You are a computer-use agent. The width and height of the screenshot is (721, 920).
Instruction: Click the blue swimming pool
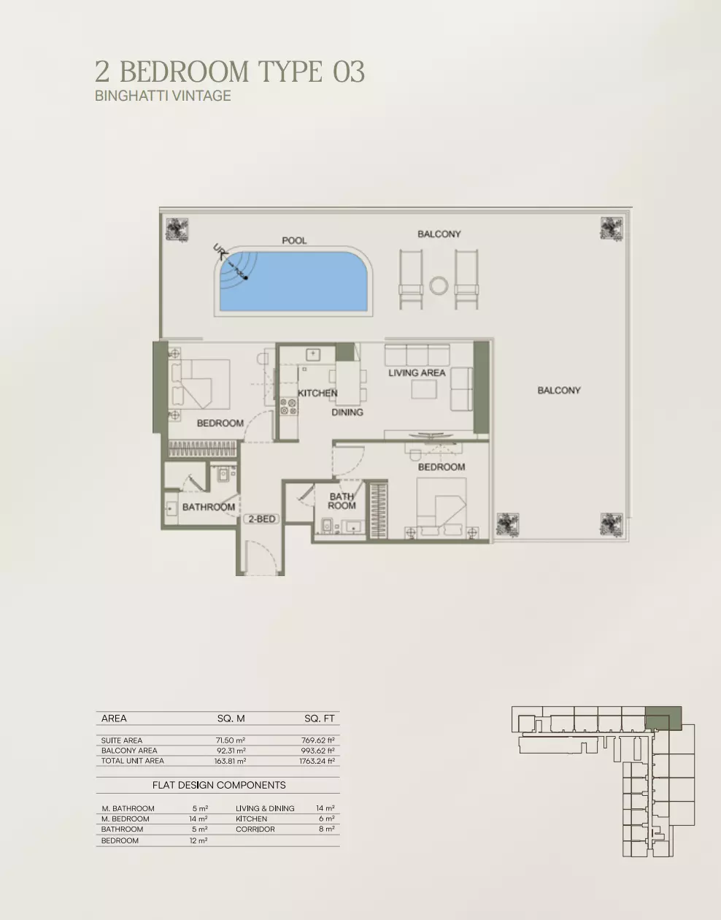293,282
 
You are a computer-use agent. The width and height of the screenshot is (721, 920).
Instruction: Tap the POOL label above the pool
295,240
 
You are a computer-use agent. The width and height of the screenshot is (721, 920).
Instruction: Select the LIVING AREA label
417,372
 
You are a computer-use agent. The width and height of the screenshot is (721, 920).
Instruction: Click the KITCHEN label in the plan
317,393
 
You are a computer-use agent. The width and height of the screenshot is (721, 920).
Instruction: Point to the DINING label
347,412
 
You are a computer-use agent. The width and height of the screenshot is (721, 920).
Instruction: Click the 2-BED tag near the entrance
261,518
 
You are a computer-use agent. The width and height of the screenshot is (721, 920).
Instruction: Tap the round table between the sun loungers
439,285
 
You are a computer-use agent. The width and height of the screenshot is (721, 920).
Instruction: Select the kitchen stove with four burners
288,406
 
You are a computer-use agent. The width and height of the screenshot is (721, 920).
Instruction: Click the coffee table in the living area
424,389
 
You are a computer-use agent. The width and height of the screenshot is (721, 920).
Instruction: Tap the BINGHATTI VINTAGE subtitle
163,96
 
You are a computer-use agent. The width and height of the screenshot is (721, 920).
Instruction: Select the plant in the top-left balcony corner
177,229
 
